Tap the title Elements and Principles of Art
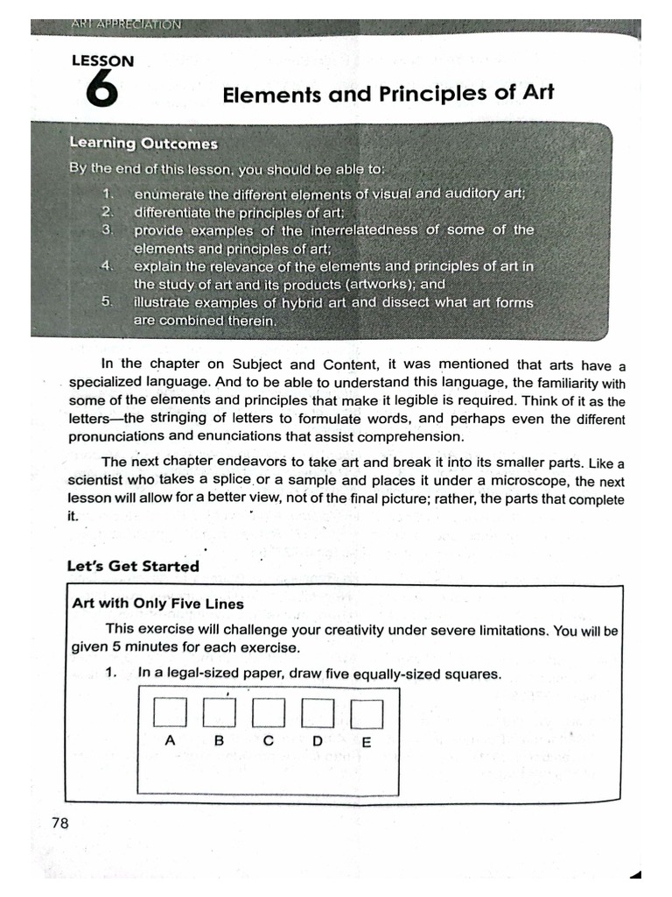tap(388, 93)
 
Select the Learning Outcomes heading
tap(143, 143)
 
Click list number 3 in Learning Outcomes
tap(108, 230)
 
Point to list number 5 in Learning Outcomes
tap(108, 302)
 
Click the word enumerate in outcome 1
tap(169, 194)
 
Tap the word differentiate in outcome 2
tap(172, 212)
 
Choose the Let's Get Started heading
tap(133, 566)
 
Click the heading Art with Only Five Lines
tap(157, 604)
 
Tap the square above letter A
tap(170, 712)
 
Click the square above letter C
tap(268, 712)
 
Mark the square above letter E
tap(367, 714)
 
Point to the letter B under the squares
tap(219, 740)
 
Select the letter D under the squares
tap(318, 741)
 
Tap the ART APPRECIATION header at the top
tap(127, 25)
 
